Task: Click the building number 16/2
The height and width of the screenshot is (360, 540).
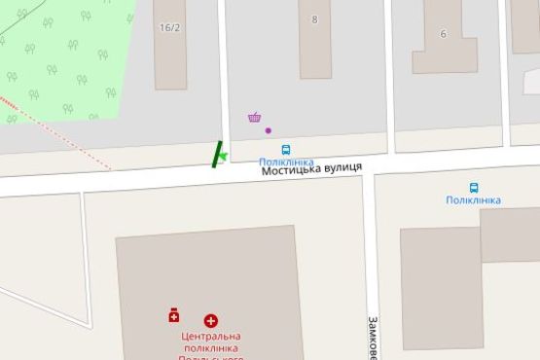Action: click(x=169, y=27)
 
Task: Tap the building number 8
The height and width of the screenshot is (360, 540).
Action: click(x=314, y=19)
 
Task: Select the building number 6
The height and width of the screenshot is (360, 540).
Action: click(x=443, y=34)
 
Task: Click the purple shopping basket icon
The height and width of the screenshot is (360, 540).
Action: click(x=255, y=118)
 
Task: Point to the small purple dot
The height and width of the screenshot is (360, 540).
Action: click(x=269, y=130)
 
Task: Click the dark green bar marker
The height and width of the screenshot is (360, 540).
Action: click(x=216, y=154)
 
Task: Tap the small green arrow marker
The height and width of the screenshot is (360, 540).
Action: click(x=223, y=155)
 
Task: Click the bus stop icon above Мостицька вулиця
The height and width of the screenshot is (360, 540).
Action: click(x=286, y=150)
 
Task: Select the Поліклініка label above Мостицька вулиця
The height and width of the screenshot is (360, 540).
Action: click(x=286, y=162)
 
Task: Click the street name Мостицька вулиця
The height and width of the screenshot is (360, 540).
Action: click(x=311, y=168)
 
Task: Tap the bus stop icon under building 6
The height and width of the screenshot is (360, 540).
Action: click(x=474, y=188)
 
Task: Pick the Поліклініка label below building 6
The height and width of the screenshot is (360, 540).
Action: click(x=473, y=200)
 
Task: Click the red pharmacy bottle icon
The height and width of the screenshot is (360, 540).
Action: click(x=174, y=315)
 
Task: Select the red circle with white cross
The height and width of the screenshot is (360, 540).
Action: click(x=210, y=320)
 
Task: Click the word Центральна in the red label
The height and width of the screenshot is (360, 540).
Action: click(x=210, y=337)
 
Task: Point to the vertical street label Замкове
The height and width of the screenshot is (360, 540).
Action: click(x=372, y=336)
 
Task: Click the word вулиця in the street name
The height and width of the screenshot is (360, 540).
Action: click(x=341, y=167)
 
